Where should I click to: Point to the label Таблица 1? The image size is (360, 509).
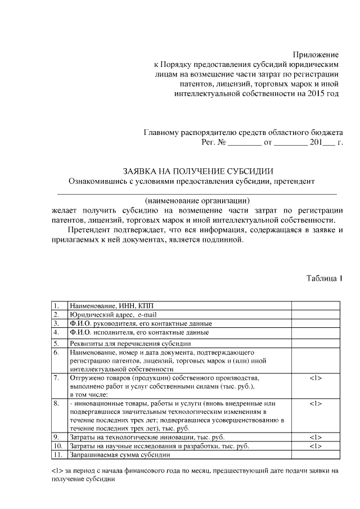tap(325, 278)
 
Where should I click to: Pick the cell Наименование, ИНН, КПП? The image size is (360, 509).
tap(107, 305)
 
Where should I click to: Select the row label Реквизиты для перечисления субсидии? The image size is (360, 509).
tap(130, 343)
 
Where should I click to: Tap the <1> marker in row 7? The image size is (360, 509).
tap(315, 378)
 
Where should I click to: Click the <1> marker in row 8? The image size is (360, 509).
tap(315, 404)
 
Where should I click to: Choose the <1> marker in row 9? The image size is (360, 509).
tap(315, 437)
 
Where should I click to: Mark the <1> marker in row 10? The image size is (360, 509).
tap(315, 446)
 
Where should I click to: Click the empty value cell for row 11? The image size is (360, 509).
tap(315, 455)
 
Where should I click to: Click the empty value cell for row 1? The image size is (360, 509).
tap(315, 305)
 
